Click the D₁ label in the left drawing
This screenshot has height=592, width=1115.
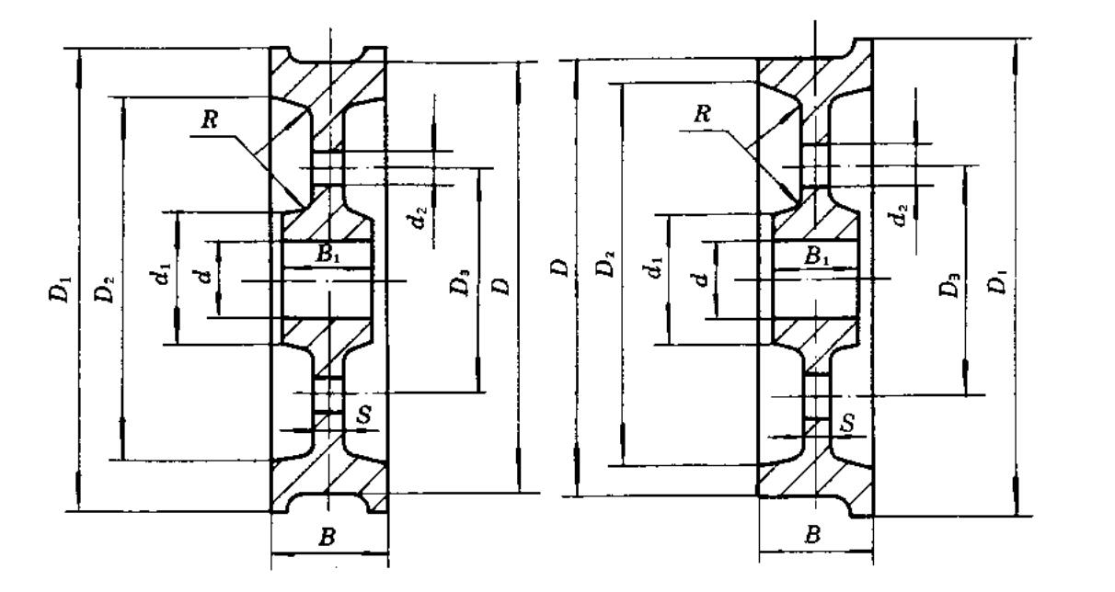[x=61, y=291]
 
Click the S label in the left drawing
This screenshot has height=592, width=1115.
[x=365, y=416]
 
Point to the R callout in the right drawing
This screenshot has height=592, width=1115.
[x=703, y=116]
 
